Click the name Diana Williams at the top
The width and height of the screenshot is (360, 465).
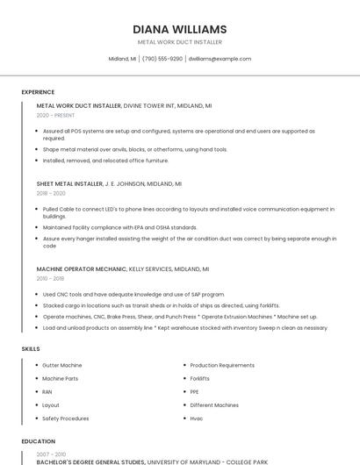pyautogui.click(x=179, y=29)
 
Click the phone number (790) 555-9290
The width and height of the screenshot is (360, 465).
pyautogui.click(x=162, y=59)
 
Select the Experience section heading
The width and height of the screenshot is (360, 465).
pyautogui.click(x=38, y=92)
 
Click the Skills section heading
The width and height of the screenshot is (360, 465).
pyautogui.click(x=31, y=348)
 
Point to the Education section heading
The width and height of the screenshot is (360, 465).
pyautogui.click(x=38, y=441)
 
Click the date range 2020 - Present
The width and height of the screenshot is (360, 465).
pyautogui.click(x=55, y=115)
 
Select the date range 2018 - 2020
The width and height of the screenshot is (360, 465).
pyautogui.click(x=51, y=193)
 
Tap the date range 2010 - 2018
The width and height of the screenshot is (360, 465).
pyautogui.click(x=50, y=278)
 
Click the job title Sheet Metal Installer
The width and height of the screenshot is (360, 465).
pyautogui.click(x=69, y=184)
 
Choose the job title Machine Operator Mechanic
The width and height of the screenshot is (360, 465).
pyautogui.click(x=82, y=268)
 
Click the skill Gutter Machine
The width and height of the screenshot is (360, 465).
pyautogui.click(x=62, y=365)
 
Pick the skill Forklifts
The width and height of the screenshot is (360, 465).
pyautogui.click(x=200, y=378)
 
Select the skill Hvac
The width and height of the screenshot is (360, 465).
pyautogui.click(x=197, y=418)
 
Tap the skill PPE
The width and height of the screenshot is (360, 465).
pyautogui.click(x=194, y=391)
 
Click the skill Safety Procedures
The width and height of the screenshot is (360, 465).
pyautogui.click(x=66, y=418)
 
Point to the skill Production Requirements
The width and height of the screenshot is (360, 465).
pyautogui.click(x=222, y=365)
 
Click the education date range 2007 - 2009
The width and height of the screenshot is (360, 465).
pyautogui.click(x=50, y=454)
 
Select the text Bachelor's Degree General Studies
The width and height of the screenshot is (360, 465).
pyautogui.click(x=90, y=461)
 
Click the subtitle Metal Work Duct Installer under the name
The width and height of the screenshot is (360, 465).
pyautogui.click(x=179, y=42)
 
